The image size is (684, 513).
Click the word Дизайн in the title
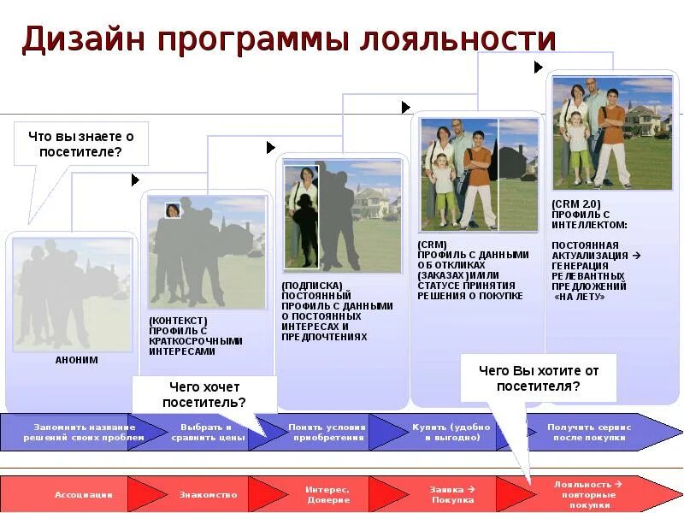pyautogui.click(x=82, y=40)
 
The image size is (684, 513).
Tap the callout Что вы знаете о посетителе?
pyautogui.click(x=81, y=144)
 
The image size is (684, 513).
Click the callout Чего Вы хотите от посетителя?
pyautogui.click(x=539, y=378)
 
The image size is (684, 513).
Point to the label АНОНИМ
pyautogui.click(x=77, y=361)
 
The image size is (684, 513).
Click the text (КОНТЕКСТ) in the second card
pyautogui.click(x=177, y=321)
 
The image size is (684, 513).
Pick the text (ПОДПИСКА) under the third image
pyautogui.click(x=311, y=286)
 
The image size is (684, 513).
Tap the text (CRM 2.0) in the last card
pyautogui.click(x=576, y=203)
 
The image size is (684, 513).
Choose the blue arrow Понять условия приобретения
pyautogui.click(x=327, y=432)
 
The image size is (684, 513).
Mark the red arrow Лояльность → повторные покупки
pyautogui.click(x=587, y=494)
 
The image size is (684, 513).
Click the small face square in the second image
pyautogui.click(x=172, y=210)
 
